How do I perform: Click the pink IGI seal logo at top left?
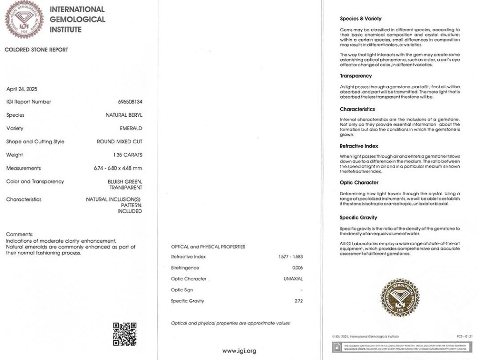[x=24, y=19]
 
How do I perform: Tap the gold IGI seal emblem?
[x=400, y=297]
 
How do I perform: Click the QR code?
[x=125, y=334]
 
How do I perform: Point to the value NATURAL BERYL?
[x=124, y=115]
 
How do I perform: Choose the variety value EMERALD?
[x=131, y=128]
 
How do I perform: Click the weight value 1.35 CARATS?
[x=127, y=155]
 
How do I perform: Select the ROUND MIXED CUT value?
[x=119, y=141]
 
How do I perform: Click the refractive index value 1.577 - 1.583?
[x=288, y=257]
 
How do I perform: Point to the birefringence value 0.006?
[x=297, y=268]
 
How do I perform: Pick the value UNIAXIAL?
[x=292, y=279]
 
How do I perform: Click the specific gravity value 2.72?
[x=297, y=301]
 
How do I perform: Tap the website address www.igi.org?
[x=239, y=351]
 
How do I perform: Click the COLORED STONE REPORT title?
[x=36, y=49]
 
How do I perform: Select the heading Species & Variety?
[x=360, y=19]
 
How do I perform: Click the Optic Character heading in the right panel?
[x=359, y=183]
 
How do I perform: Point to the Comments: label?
[x=20, y=234]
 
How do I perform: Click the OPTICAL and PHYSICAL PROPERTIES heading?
[x=208, y=247]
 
